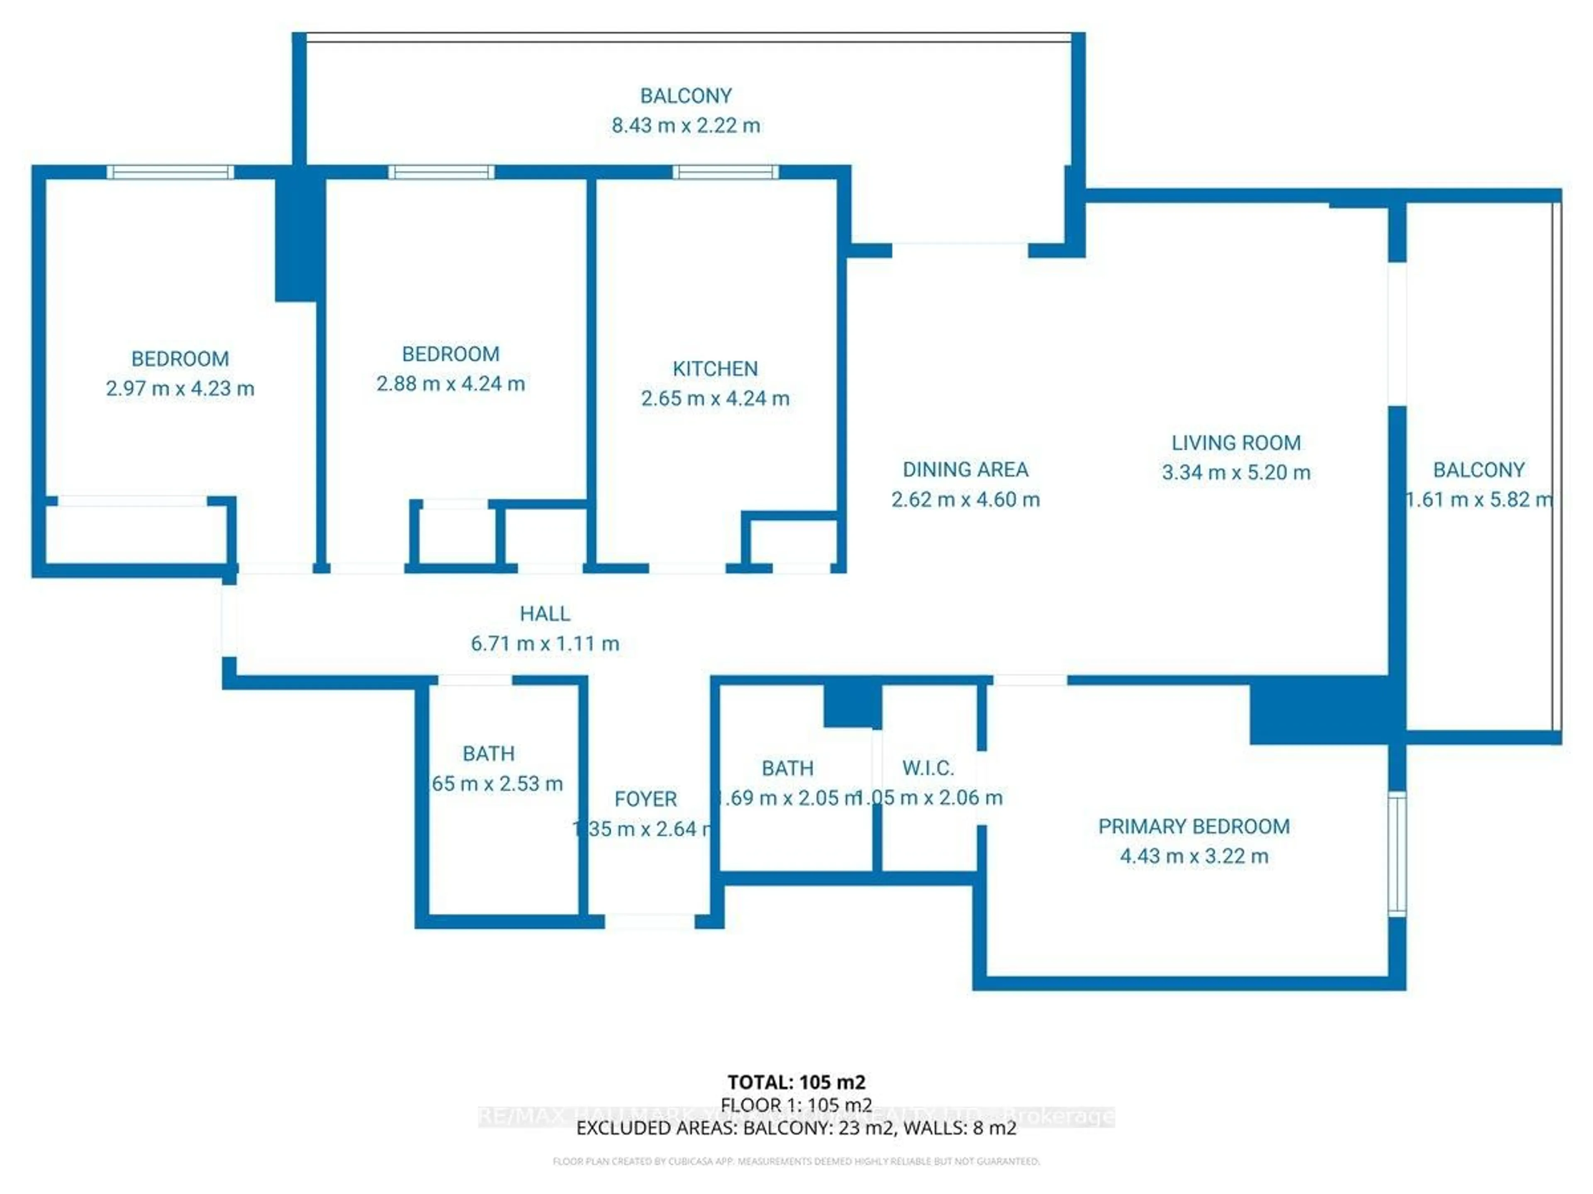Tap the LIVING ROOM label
(x=1236, y=443)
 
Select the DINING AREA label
(x=965, y=469)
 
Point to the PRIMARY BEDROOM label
(x=1194, y=826)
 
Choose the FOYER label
(x=645, y=799)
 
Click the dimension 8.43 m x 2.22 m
(x=686, y=125)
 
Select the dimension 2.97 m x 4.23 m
(x=180, y=388)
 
